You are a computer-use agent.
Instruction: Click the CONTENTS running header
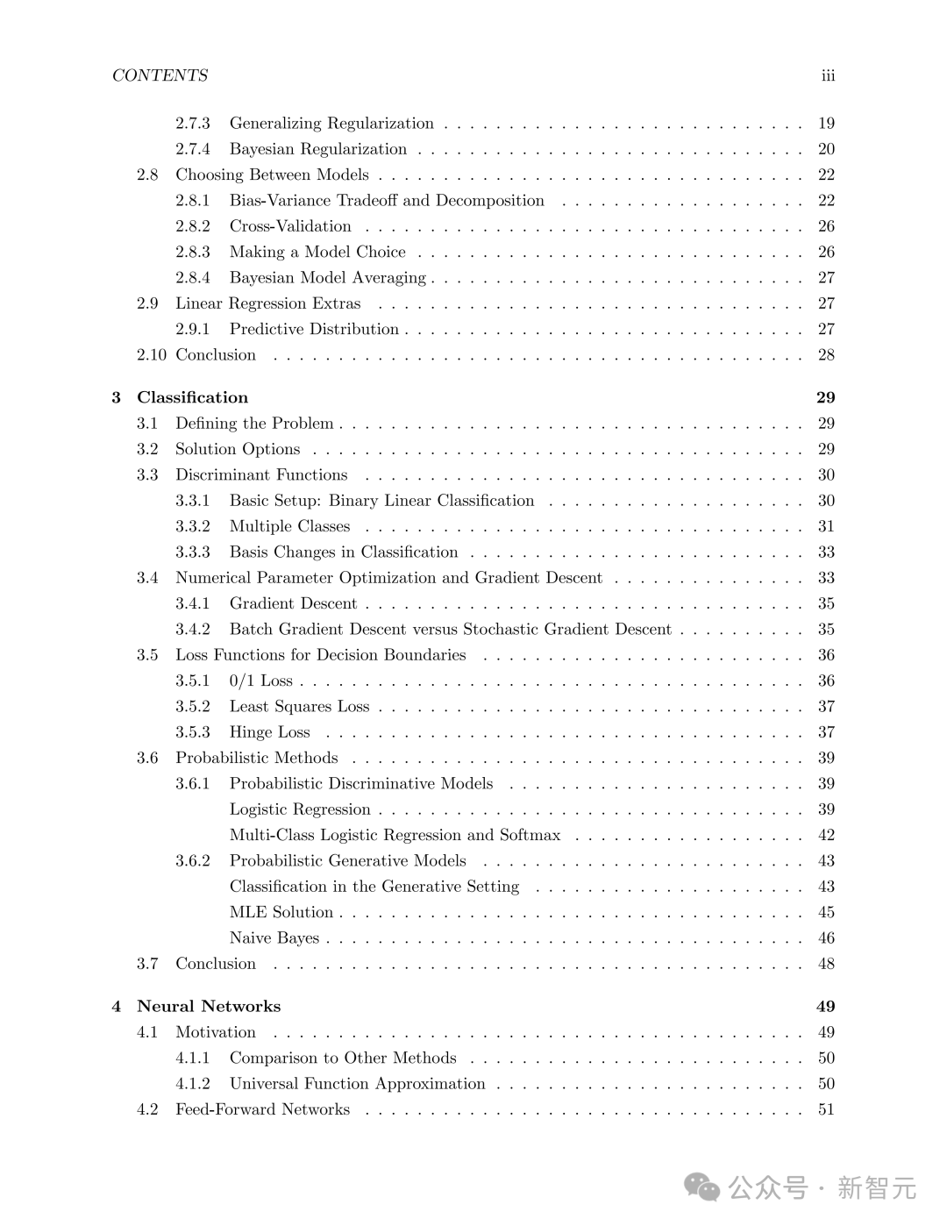pos(160,75)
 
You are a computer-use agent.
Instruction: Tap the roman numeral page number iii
pos(827,75)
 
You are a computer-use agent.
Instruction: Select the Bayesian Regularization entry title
pos(317,149)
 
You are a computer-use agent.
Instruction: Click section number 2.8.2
pos(192,226)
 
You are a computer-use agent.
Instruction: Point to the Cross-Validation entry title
pos(289,226)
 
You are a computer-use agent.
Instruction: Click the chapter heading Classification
pos(192,397)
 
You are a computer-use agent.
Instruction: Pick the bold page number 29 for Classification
pos(825,397)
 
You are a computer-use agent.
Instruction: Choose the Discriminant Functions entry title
pos(261,474)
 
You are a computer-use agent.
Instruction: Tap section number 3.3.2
pos(192,526)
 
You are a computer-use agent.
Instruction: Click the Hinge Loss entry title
pos(269,732)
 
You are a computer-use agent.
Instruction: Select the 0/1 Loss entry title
pos(260,681)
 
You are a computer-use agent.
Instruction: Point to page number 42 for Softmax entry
pos(826,835)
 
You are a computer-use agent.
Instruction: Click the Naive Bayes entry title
pos(274,937)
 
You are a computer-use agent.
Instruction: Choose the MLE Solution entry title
pos(281,912)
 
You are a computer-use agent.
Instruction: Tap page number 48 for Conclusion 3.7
pos(826,964)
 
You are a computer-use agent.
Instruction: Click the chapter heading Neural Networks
pos(209,1006)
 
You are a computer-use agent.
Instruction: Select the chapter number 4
pos(116,1006)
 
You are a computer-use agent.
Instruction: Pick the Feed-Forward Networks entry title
pos(262,1109)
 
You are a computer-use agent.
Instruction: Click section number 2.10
pos(151,355)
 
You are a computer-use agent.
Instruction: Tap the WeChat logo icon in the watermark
pos(701,1187)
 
